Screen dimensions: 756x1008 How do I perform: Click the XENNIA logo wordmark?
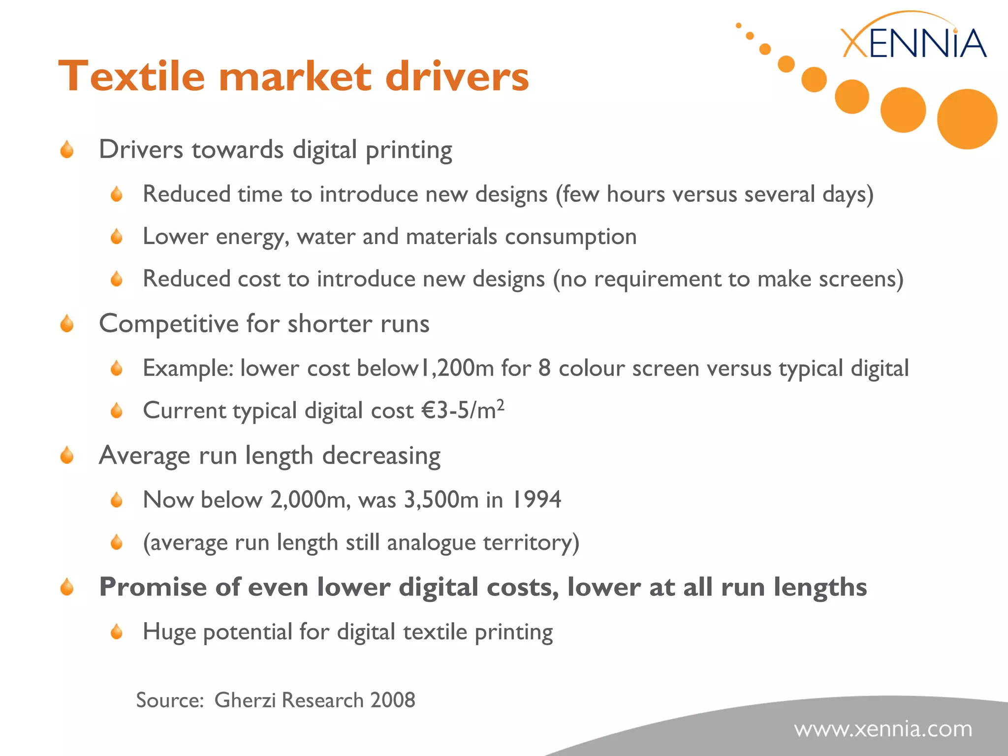[913, 43]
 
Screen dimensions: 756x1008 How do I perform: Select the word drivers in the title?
[457, 76]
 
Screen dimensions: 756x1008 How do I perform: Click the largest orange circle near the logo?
[967, 119]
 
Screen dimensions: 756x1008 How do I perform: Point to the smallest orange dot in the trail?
[738, 25]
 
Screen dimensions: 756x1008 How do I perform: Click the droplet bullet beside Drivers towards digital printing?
[67, 150]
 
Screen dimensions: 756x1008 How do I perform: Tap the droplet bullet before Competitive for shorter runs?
[67, 324]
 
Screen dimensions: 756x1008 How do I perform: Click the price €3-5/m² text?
[463, 410]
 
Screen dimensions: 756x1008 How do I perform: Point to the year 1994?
[536, 500]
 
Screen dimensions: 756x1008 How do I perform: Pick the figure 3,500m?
[441, 500]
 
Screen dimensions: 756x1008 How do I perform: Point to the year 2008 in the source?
[393, 700]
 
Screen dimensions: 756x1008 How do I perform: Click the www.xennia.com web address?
[883, 729]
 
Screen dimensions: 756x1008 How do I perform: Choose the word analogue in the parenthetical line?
[431, 542]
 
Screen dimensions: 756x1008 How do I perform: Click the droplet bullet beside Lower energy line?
[117, 237]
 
